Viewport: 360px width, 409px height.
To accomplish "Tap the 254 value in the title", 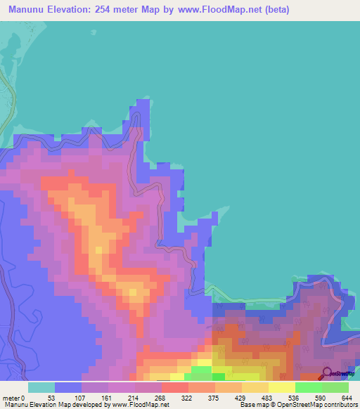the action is click(108, 11).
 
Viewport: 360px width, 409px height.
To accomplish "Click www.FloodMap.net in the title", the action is click(215, 11).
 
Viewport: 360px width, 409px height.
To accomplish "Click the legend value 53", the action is click(51, 397).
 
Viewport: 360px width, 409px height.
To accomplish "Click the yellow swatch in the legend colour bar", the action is click(281, 387).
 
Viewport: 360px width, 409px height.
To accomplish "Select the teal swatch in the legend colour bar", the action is click(41, 387).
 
